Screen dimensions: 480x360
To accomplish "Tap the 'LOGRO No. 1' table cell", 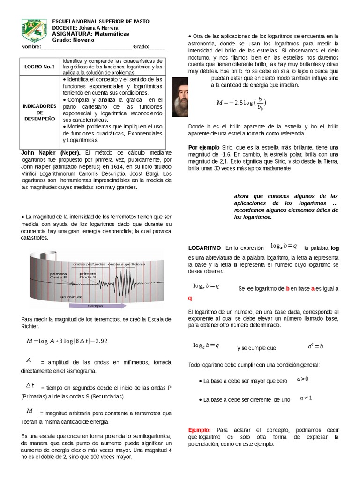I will [40, 67].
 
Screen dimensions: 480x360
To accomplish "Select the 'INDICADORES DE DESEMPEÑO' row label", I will [40, 112].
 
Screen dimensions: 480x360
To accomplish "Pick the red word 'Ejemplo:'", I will [200, 430].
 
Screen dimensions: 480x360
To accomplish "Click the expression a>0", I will [302, 379].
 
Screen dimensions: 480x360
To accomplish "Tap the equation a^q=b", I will [315, 346].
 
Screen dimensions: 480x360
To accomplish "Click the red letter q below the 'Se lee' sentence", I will [190, 298].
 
